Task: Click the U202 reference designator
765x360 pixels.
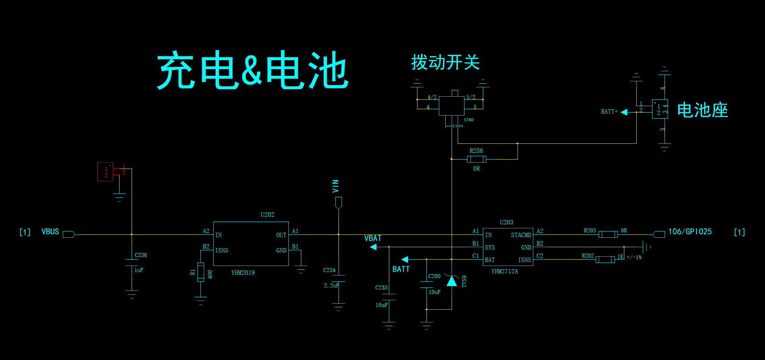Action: (x=267, y=215)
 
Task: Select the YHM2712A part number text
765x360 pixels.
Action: (x=504, y=271)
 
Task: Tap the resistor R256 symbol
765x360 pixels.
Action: (x=477, y=159)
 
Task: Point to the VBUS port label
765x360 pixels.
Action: (x=50, y=232)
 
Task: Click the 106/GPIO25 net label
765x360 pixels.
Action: (x=690, y=232)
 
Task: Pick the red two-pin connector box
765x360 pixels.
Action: (x=105, y=172)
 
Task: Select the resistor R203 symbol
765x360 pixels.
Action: (x=608, y=234)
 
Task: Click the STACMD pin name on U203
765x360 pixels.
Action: (x=521, y=235)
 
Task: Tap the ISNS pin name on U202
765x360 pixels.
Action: (x=222, y=251)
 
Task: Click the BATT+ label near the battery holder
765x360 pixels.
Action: (x=609, y=111)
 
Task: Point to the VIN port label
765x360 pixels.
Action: (x=335, y=186)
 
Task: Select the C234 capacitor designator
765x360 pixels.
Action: (x=329, y=270)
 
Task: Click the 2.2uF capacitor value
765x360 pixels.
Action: (x=331, y=285)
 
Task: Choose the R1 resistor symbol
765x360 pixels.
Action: (x=200, y=272)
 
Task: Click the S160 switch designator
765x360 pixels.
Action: (x=469, y=120)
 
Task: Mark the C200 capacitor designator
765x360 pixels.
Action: (x=434, y=276)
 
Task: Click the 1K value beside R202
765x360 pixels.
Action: (x=620, y=257)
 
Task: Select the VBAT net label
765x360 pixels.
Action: (x=373, y=238)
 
